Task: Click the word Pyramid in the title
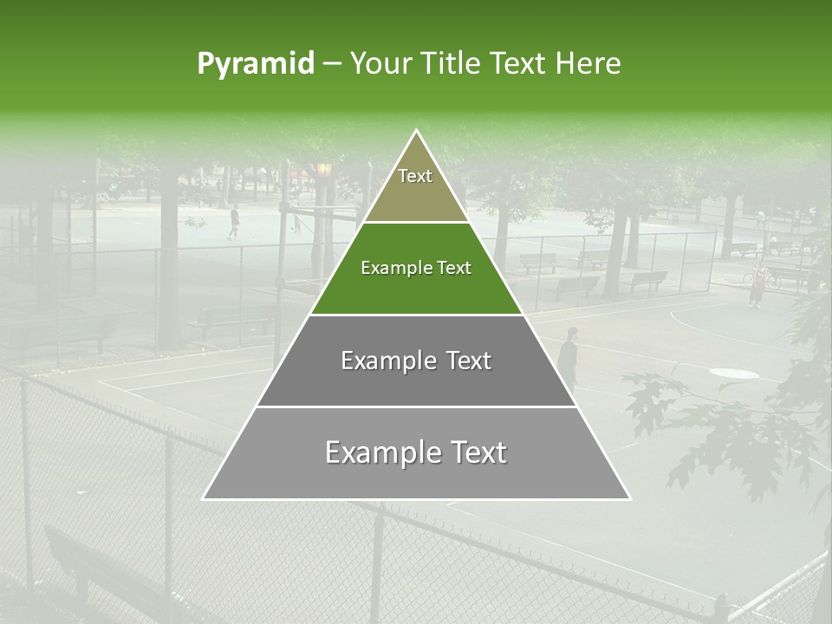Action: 256,64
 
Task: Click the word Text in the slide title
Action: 518,64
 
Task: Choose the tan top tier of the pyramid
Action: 416,186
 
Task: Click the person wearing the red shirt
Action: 757,283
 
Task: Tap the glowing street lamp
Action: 324,169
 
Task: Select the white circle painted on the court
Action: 734,373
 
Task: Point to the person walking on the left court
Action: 233,222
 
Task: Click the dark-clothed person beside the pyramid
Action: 569,355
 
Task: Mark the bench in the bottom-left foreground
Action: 95,572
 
